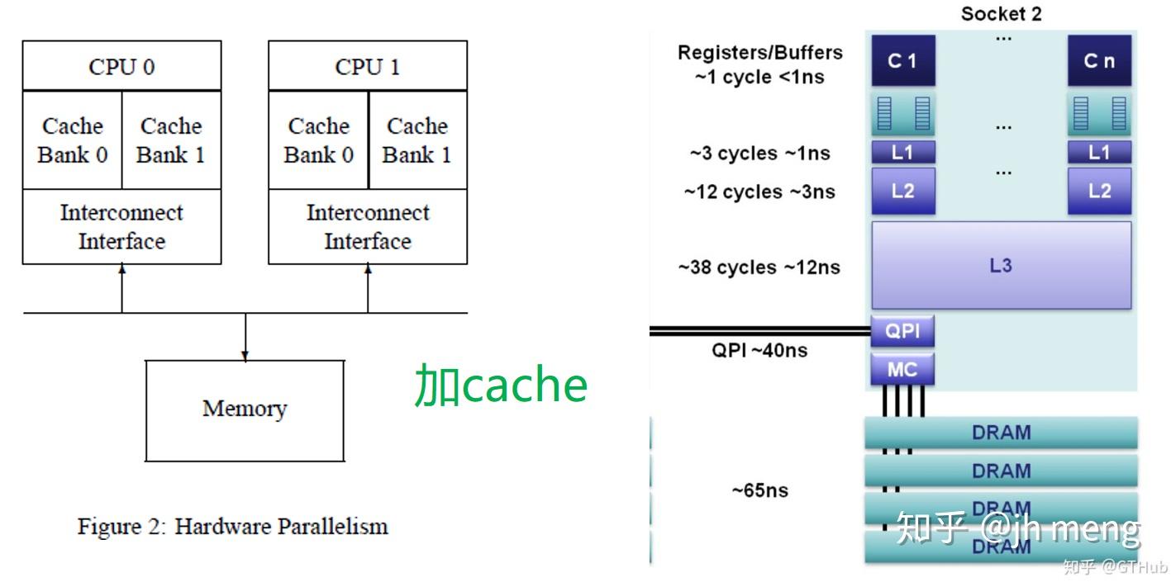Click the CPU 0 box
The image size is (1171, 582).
pyautogui.click(x=121, y=66)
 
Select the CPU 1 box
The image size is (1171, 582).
pyautogui.click(x=368, y=66)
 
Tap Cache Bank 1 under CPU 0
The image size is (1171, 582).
pyautogui.click(x=171, y=140)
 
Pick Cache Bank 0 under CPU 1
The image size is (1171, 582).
pyautogui.click(x=318, y=140)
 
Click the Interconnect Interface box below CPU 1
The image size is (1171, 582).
pyautogui.click(x=368, y=227)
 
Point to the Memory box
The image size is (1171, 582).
pyautogui.click(x=245, y=409)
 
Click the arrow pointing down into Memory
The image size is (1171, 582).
pyautogui.click(x=245, y=338)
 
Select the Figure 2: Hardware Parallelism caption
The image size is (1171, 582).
pyautogui.click(x=232, y=527)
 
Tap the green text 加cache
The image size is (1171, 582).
pyautogui.click(x=501, y=385)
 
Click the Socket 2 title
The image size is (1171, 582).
pyautogui.click(x=1001, y=14)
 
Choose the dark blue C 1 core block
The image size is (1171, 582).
pyautogui.click(x=902, y=61)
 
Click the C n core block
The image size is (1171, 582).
pyautogui.click(x=1098, y=61)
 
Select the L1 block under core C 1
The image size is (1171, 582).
pyautogui.click(x=902, y=152)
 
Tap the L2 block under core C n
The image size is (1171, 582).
pyautogui.click(x=1098, y=192)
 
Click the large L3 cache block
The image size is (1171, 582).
pyautogui.click(x=1001, y=266)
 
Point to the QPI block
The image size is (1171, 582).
pyautogui.click(x=902, y=332)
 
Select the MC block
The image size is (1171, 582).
pyautogui.click(x=902, y=369)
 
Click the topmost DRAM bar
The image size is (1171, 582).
pyautogui.click(x=1001, y=433)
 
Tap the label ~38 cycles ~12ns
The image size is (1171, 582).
pyautogui.click(x=759, y=267)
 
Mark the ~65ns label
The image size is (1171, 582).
pyautogui.click(x=759, y=490)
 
